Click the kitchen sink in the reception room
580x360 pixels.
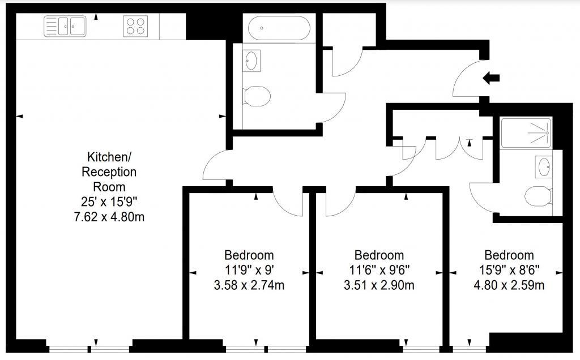(65, 26)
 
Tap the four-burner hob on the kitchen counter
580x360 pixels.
(135, 26)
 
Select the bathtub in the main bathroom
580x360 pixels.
(279, 28)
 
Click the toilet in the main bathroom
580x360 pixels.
(257, 96)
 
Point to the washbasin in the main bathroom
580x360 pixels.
(251, 61)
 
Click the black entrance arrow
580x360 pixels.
(491, 78)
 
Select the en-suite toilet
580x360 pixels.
(538, 196)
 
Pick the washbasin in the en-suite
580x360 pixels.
(544, 166)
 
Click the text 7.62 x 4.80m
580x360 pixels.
(109, 217)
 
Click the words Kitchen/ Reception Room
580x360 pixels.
(109, 172)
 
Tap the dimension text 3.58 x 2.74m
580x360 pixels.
(249, 285)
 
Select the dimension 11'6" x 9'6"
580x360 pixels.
(379, 270)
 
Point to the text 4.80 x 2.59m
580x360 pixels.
(509, 285)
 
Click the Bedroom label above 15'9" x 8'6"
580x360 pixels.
(509, 255)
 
